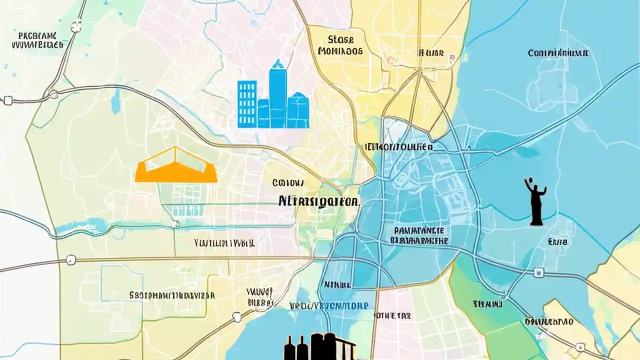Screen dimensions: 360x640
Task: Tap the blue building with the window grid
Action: tap(247, 104)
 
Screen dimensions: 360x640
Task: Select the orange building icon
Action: tap(176, 166)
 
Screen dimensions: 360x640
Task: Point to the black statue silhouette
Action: tap(535, 201)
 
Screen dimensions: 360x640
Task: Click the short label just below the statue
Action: tap(557, 242)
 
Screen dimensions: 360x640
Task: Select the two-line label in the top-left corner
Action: tap(37, 40)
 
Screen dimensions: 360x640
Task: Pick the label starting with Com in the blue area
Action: tap(558, 52)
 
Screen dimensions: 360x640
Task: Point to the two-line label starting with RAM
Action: tap(419, 235)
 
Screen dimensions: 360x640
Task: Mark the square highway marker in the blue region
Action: tap(538, 272)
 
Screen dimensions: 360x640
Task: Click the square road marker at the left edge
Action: tap(7, 100)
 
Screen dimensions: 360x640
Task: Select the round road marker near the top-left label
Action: tap(76, 26)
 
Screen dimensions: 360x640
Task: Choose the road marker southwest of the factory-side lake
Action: tap(237, 316)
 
